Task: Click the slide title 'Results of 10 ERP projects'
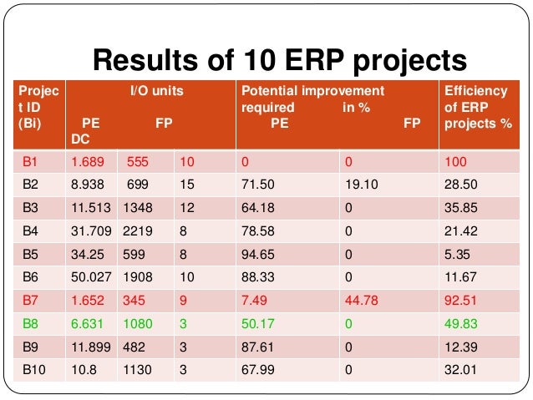pyautogui.click(x=278, y=61)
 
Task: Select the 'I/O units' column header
pyautogui.click(x=157, y=90)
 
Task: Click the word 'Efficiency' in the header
pyautogui.click(x=476, y=90)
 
